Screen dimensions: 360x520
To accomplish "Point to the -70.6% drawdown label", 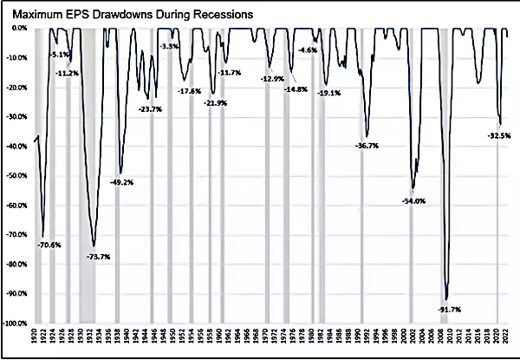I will pos(49,245).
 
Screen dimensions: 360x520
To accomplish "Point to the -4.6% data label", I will pos(307,51).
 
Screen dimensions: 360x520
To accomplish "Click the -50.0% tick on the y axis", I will pos(17,176).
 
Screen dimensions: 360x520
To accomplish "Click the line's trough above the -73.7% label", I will pos(94,246).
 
